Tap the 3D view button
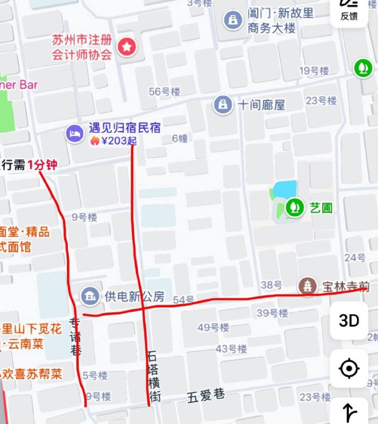point(349,321)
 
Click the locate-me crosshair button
point(349,368)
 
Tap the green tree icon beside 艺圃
point(292,207)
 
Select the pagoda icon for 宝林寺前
point(308,287)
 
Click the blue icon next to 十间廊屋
point(223,104)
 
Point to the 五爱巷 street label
point(206,395)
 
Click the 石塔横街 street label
point(154,375)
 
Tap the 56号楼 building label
point(165,92)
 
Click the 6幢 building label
point(180,139)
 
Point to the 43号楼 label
point(231,349)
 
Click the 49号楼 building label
point(213,328)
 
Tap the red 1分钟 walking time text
point(42,165)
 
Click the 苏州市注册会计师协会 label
point(82,47)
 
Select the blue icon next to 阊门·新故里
point(232,21)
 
